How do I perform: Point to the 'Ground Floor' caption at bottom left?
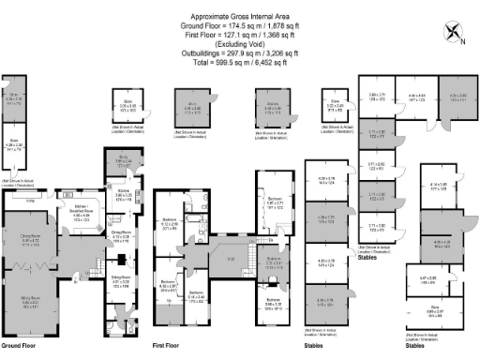(x=20, y=346)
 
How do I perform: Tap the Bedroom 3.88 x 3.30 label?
(x=276, y=304)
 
